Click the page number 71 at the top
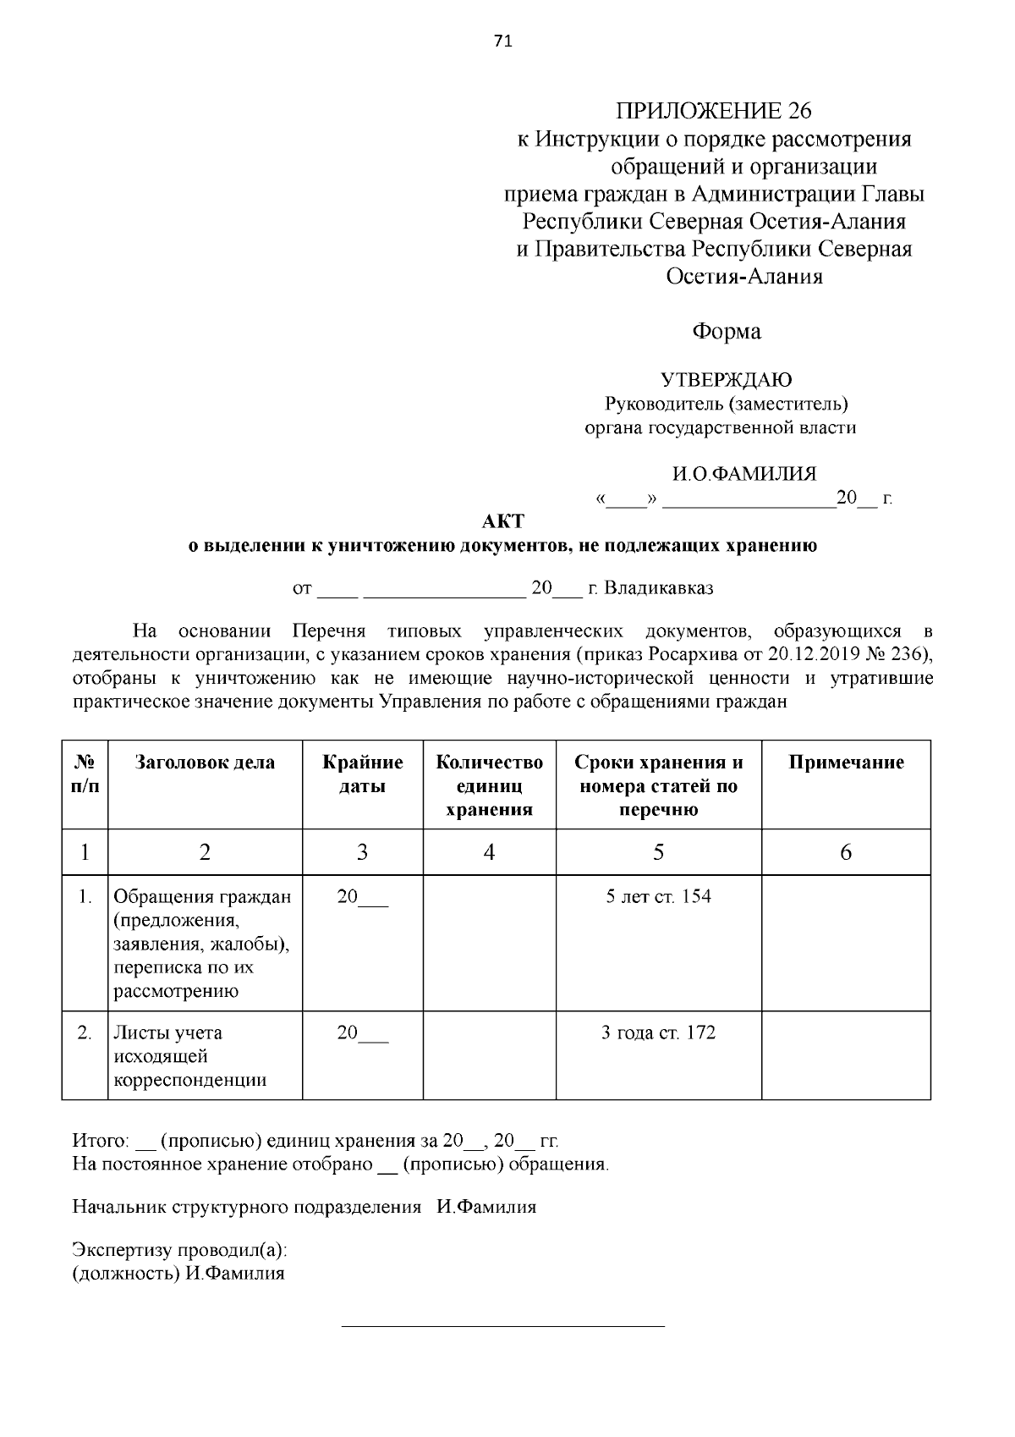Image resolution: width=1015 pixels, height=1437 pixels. click(502, 41)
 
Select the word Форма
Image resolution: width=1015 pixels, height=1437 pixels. click(727, 331)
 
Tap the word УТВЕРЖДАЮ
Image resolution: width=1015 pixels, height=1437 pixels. click(726, 380)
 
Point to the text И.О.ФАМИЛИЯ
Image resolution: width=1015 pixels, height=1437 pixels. click(744, 474)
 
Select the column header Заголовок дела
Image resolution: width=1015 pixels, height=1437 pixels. click(205, 763)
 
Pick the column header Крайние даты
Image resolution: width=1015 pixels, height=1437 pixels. click(362, 774)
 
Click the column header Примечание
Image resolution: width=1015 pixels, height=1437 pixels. click(846, 763)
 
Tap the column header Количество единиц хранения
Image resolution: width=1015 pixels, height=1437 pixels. click(489, 785)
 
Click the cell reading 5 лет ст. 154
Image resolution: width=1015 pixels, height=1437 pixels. click(658, 896)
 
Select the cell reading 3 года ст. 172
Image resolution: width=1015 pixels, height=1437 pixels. click(658, 1032)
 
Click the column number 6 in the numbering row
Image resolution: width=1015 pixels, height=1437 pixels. click(846, 852)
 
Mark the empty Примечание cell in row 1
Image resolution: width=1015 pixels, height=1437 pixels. click(846, 942)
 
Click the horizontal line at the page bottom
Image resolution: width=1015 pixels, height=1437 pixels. click(502, 1326)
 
